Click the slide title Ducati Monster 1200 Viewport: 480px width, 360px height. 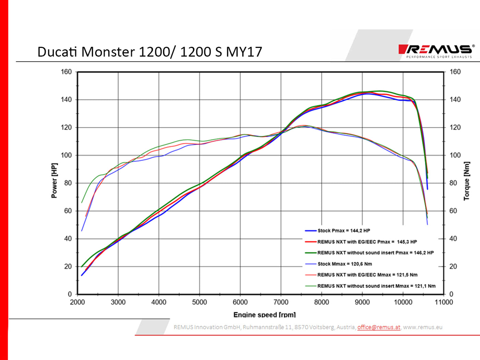[x=149, y=52]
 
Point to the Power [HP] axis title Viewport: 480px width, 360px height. [x=54, y=181]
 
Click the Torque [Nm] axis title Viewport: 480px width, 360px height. [x=466, y=181]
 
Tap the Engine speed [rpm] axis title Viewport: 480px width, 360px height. [x=264, y=314]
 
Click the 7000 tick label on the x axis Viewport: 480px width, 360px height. [x=281, y=302]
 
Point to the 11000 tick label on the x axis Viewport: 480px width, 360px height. [x=444, y=302]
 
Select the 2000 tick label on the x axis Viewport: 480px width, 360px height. [x=77, y=302]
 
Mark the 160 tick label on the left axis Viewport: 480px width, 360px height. [x=66, y=72]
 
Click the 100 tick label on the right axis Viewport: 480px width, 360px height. [x=455, y=155]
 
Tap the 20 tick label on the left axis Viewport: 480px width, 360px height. [x=68, y=266]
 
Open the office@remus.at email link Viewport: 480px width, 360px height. [x=379, y=327]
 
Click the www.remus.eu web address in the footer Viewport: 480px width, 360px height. [x=422, y=327]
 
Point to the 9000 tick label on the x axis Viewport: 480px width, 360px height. [x=362, y=302]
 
